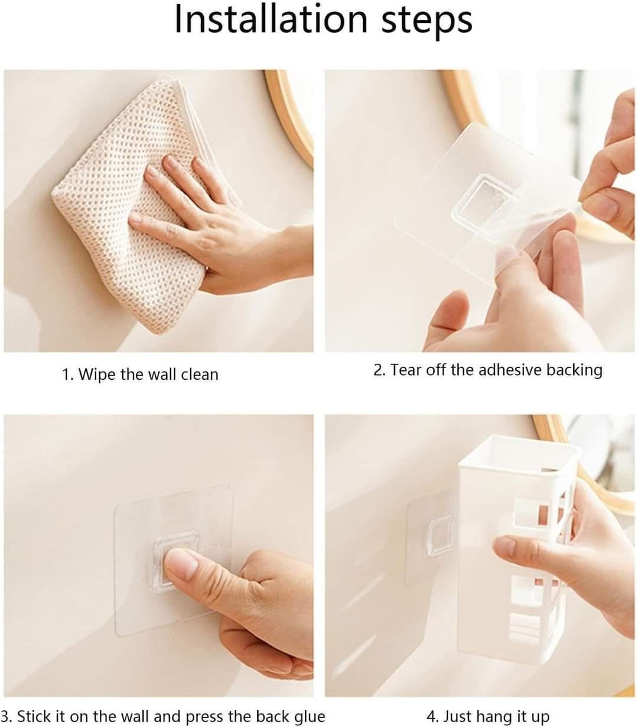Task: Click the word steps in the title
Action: [x=427, y=22]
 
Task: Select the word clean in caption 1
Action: [x=200, y=374]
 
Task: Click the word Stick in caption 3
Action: [x=35, y=706]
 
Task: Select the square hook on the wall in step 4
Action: [x=441, y=534]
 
